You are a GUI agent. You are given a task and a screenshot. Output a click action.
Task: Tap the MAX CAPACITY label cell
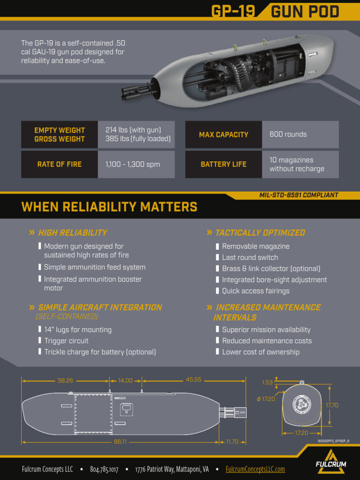[224, 135]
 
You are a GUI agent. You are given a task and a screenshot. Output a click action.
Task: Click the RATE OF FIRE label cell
[60, 164]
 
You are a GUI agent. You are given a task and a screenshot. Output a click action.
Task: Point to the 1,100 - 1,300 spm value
[133, 164]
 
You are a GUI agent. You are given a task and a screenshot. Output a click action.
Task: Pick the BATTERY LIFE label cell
[224, 164]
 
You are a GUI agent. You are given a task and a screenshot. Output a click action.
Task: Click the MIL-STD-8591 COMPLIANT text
[299, 195]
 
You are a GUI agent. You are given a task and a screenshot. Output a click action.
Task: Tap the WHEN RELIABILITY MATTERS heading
[109, 207]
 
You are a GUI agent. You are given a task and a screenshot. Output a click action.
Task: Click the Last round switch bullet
[250, 257]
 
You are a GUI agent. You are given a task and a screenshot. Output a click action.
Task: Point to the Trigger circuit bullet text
[66, 341]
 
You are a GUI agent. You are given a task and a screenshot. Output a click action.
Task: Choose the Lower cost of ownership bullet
[261, 352]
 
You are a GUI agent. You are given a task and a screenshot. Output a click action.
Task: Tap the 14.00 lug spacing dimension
[125, 380]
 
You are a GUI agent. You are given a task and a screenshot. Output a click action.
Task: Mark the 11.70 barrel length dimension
[232, 442]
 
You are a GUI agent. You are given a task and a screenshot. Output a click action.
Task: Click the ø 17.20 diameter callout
[266, 399]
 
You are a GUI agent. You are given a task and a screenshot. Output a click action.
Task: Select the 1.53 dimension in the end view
[267, 382]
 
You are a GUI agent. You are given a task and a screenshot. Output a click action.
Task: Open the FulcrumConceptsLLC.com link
[255, 469]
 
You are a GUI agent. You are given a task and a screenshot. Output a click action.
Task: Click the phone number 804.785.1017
[104, 469]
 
